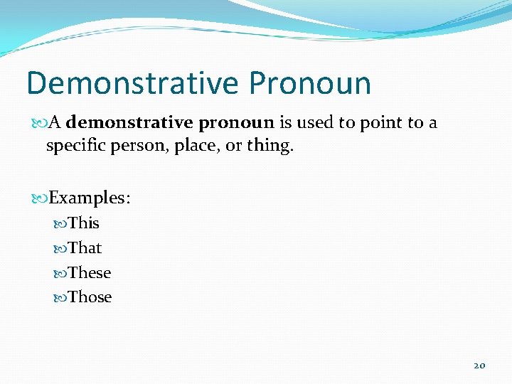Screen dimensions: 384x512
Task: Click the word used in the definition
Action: point(315,123)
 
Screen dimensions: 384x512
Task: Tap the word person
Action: point(136,147)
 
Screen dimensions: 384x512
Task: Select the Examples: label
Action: point(90,198)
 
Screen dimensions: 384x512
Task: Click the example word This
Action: point(84,223)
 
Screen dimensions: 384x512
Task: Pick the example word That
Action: point(85,248)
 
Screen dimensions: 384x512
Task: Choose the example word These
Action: point(90,273)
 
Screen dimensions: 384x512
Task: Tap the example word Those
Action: point(90,297)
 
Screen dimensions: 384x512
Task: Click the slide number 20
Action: point(479,366)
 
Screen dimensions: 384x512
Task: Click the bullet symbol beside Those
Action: point(60,298)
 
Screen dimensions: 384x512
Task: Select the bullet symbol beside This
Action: point(60,224)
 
